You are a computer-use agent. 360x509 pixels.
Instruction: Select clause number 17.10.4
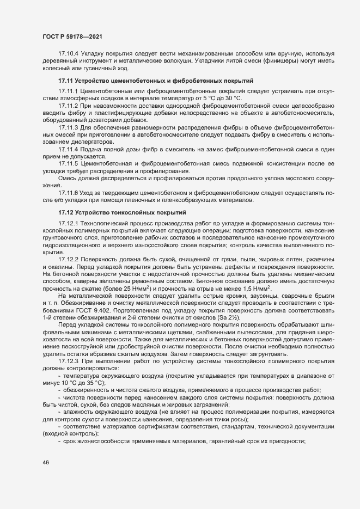69,53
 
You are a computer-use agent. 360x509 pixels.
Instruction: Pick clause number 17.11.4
69,149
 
